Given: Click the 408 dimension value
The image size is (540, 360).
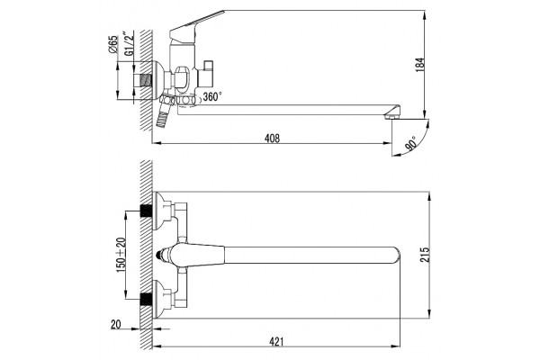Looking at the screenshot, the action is [272, 139].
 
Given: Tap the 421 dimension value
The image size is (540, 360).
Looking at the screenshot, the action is [276, 341].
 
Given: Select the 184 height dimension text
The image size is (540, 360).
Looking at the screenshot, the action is [419, 65].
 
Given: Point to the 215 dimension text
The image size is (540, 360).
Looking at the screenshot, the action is [425, 255].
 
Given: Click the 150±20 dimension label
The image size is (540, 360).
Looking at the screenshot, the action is [121, 255].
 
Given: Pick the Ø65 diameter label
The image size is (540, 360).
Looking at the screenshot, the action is [113, 44].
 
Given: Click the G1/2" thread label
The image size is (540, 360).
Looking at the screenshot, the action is [129, 44].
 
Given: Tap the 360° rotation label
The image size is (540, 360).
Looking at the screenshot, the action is [212, 96].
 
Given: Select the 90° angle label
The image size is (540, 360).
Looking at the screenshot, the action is [412, 142].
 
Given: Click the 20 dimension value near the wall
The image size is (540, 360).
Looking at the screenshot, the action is [116, 325].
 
